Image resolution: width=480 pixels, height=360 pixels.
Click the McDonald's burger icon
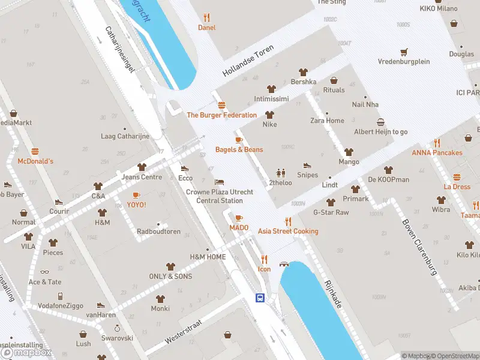35,151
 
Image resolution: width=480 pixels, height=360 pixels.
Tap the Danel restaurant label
207,28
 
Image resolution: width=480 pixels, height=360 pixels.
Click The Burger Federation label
221,115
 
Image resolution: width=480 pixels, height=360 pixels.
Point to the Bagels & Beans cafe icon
239,140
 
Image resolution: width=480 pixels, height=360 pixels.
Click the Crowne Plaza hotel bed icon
220,182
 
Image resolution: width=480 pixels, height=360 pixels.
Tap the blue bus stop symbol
260,298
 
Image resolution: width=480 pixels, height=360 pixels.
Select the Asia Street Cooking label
288,231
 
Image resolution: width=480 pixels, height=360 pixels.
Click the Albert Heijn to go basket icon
380,122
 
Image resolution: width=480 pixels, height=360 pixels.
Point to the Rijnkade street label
332,294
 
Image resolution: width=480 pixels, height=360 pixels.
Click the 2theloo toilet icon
280,173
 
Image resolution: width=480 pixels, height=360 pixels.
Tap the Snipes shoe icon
307,165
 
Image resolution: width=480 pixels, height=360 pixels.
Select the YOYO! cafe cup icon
136,194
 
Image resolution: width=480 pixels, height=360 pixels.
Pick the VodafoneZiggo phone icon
60,296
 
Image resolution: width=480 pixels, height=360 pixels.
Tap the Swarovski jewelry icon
117,328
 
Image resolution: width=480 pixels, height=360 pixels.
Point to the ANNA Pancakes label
437,152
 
